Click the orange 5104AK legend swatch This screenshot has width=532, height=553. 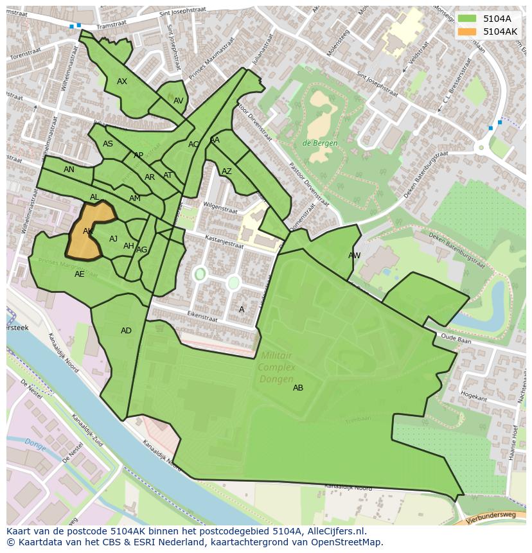pos(467,31)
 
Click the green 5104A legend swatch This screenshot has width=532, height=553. pos(467,19)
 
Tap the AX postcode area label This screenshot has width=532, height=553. pos(122,82)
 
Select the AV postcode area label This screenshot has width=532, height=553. pos(179,101)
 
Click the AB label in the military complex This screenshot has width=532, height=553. pos(298,388)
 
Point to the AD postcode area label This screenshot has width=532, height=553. pos(126,331)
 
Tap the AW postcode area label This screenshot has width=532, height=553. pos(354,256)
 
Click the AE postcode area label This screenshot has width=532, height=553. pos(80,274)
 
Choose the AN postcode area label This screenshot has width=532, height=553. pos(69,170)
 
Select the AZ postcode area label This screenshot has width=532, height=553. pos(227,171)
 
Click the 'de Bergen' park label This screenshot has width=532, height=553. pos(320,143)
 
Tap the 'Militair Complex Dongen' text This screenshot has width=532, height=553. pos(277,367)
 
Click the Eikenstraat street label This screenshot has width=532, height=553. pos(201,316)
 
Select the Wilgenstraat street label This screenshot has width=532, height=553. pos(220,207)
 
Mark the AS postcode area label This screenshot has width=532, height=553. pos(108,144)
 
